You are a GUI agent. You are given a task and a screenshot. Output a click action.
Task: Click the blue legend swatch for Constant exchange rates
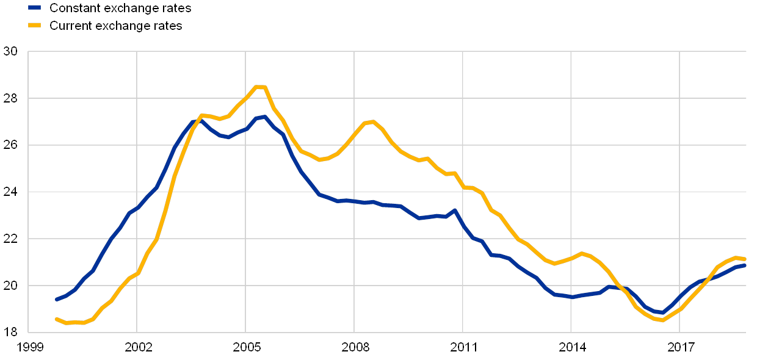(35, 8)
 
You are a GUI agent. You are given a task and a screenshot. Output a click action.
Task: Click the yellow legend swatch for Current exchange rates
(35, 26)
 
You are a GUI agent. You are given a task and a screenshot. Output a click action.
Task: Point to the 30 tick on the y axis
(10, 52)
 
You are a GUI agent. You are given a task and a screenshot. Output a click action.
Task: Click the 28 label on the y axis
(10, 98)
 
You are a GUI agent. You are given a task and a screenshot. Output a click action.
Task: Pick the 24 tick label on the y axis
(10, 192)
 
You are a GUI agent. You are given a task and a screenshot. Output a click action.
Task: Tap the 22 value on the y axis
(10, 239)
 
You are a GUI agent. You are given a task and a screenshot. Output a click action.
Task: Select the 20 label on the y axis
(10, 285)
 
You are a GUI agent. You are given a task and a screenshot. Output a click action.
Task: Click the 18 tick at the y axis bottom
(10, 332)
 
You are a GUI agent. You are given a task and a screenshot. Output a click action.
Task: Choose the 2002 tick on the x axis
(137, 348)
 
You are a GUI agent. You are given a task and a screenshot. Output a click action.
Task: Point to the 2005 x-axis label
(246, 348)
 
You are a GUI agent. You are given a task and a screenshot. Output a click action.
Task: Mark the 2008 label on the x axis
(354, 348)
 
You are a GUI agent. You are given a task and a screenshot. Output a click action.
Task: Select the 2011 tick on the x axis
(463, 348)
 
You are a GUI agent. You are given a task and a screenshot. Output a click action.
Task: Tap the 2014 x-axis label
(571, 348)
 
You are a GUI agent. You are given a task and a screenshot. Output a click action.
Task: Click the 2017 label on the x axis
(680, 348)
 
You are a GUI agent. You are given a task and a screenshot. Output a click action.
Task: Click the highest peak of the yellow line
(260, 87)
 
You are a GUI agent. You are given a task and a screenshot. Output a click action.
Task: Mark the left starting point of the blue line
(56, 299)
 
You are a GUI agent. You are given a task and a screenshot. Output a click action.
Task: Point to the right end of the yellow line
(744, 259)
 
